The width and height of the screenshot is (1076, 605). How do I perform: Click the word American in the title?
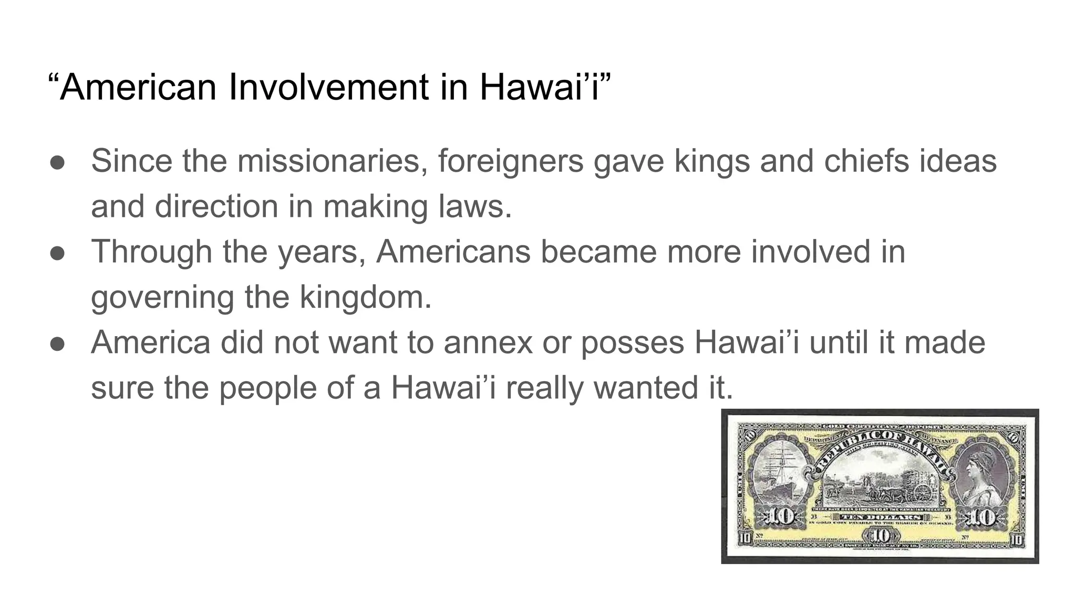[x=138, y=87]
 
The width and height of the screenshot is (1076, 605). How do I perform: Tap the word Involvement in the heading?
[x=330, y=87]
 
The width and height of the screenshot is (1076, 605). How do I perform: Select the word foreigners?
[x=510, y=161]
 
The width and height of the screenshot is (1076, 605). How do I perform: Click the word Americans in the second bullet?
[x=453, y=252]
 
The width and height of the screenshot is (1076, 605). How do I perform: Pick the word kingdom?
[x=365, y=297]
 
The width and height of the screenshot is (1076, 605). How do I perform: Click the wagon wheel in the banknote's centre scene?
[x=923, y=492]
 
